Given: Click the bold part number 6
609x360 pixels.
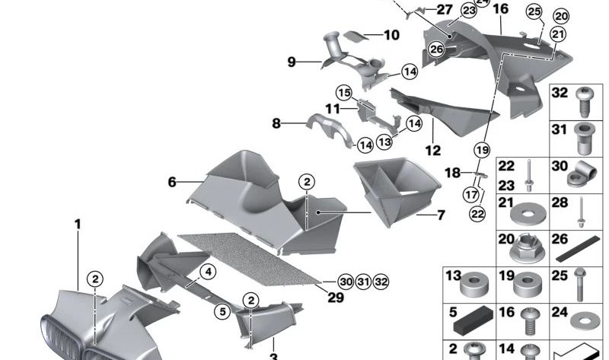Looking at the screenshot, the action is tap(172, 182).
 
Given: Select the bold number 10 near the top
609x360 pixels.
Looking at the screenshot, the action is tap(391, 35).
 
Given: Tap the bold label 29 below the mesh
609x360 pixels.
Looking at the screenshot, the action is tap(336, 298).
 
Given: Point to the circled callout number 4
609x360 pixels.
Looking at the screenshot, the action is tap(208, 272).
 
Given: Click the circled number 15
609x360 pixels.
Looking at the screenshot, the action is tap(344, 93).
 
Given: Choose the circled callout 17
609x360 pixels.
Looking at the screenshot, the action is tap(470, 195).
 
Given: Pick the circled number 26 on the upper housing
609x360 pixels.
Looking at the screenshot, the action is tap(436, 49).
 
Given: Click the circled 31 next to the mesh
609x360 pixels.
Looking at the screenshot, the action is tap(363, 282).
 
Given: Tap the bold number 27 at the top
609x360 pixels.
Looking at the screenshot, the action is tap(445, 9).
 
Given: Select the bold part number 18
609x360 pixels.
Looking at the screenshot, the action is tap(452, 173).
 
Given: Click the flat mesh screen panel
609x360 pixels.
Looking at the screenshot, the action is tap(249, 259).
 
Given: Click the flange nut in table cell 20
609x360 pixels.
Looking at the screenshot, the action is tap(528, 249).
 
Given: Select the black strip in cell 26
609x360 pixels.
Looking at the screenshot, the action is tap(579, 249).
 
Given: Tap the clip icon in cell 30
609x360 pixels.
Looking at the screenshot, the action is tap(582, 174).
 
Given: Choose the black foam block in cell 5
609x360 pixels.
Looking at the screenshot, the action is tap(473, 320).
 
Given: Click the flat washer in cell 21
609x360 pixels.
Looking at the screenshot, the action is tap(528, 214).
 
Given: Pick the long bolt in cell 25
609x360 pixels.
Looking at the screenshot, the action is tap(579, 285).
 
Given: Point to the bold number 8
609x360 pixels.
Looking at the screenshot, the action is tap(276, 123).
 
